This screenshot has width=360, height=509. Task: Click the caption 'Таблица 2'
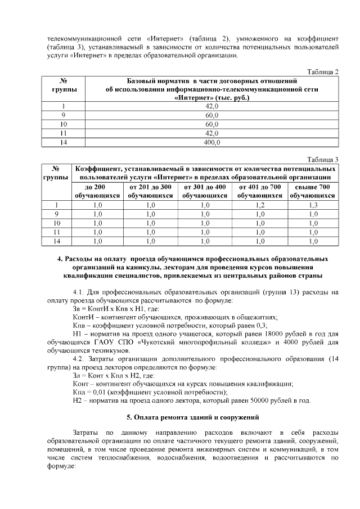pyautogui.click(x=322, y=71)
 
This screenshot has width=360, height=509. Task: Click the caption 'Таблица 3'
pyautogui.click(x=322, y=159)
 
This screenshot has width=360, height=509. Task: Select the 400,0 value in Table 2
pyautogui.click(x=211, y=143)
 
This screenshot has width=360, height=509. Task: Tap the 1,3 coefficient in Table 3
pyautogui.click(x=313, y=205)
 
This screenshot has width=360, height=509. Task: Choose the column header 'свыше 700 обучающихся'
pyautogui.click(x=313, y=191)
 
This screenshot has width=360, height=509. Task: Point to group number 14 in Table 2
pyautogui.click(x=64, y=143)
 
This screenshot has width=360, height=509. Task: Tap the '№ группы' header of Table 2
pyautogui.click(x=64, y=85)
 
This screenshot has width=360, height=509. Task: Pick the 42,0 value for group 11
pyautogui.click(x=211, y=133)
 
